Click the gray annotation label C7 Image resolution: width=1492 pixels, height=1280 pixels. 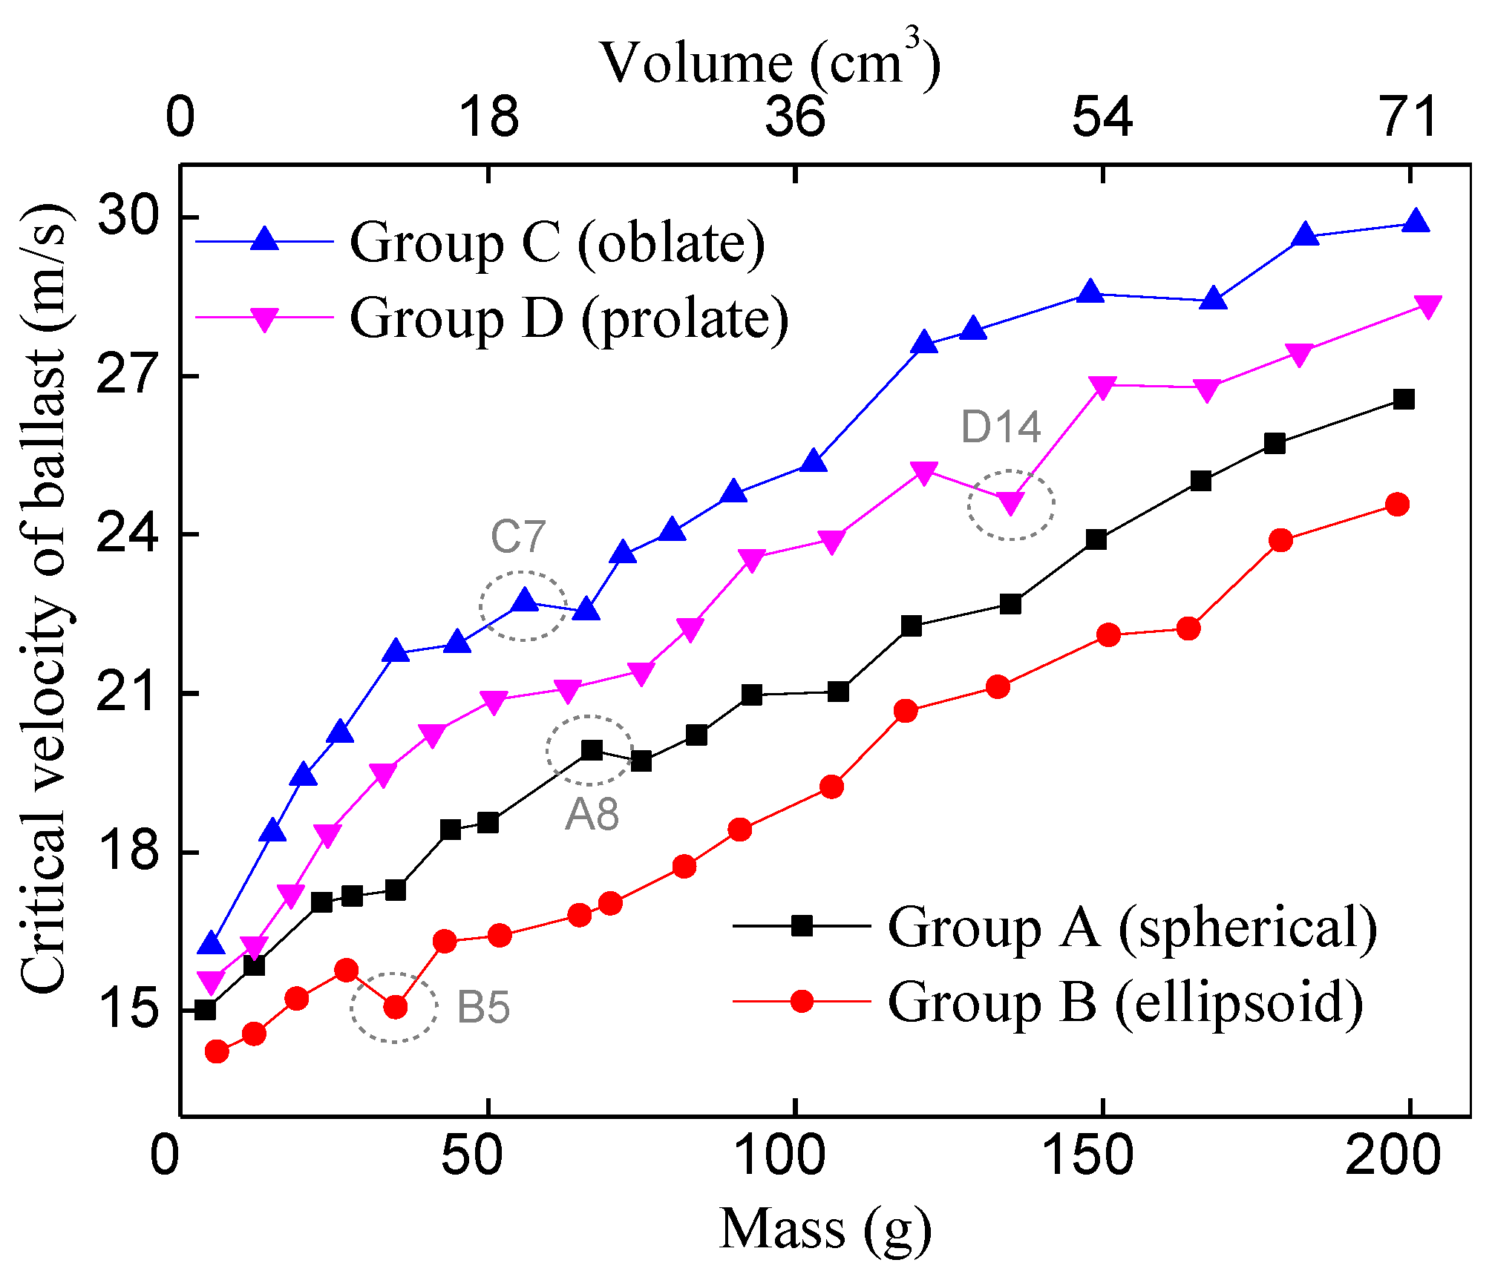(518, 536)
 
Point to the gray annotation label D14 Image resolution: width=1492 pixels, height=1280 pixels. (1001, 427)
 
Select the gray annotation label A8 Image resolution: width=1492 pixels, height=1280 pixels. (592, 815)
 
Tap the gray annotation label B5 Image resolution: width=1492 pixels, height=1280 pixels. (482, 1008)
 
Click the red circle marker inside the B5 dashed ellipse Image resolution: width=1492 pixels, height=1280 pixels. (396, 1007)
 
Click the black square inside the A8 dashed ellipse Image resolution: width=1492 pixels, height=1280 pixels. (592, 750)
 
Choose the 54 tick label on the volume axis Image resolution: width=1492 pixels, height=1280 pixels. (1102, 117)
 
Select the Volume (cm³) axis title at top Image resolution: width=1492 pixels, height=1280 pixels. (770, 62)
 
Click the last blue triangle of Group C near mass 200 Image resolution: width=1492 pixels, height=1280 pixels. (1416, 222)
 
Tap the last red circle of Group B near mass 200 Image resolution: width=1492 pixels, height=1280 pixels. (1397, 505)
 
